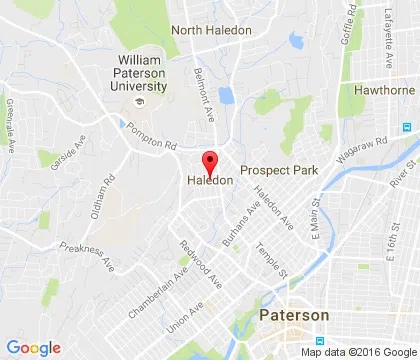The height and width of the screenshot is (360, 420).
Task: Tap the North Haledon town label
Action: [x=211, y=30]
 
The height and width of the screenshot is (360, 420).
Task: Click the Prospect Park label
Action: [x=279, y=170]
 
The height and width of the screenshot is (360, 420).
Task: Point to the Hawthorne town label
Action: [x=384, y=89]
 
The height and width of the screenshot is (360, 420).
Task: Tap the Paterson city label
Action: [x=293, y=315]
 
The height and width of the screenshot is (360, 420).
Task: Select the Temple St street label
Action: [x=271, y=260]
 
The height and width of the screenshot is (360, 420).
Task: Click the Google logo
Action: [x=33, y=347]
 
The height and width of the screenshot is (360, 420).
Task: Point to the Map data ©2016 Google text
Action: [x=358, y=352]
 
